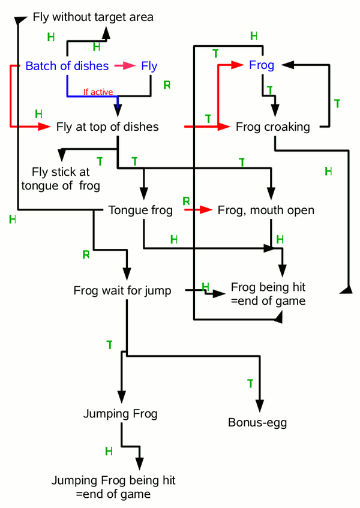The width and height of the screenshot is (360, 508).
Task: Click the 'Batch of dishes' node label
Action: (67, 66)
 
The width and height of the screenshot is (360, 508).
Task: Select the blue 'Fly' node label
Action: (149, 66)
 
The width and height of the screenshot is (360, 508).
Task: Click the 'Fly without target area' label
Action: (93, 17)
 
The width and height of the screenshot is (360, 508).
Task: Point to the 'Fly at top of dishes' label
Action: (107, 127)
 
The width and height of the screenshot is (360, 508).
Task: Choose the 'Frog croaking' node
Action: (273, 127)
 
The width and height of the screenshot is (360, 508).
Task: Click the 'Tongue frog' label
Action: (141, 210)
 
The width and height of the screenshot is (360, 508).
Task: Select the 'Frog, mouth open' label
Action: (266, 210)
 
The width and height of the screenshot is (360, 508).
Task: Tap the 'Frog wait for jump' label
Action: (122, 291)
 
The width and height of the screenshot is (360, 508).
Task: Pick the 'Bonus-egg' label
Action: (257, 423)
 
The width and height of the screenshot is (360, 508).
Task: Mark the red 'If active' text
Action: (98, 92)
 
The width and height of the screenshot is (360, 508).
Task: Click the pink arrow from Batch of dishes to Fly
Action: (125, 66)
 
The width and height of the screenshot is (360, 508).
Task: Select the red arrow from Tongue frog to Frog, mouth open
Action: (199, 210)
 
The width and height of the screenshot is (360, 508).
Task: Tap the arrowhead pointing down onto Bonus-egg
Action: (260, 406)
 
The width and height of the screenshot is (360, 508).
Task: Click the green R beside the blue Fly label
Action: (167, 85)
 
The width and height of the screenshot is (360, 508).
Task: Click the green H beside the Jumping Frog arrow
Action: (109, 450)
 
